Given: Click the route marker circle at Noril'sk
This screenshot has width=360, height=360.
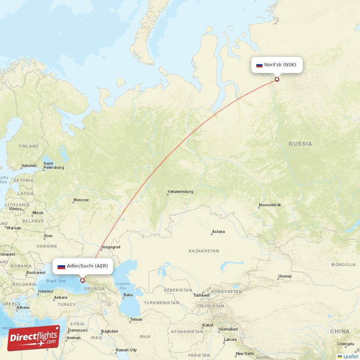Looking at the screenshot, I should [277, 80].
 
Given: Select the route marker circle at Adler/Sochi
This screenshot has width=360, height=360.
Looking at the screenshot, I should [82, 280].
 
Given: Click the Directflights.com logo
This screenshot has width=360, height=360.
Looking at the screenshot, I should [33, 338].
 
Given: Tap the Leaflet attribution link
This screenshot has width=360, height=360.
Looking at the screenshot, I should [350, 356].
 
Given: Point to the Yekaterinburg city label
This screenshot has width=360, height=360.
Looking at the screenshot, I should [180, 192].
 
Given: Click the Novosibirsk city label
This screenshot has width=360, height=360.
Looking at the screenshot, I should [270, 205].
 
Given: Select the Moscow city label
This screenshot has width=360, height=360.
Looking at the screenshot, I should [81, 200].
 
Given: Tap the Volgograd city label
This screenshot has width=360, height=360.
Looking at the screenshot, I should [111, 247].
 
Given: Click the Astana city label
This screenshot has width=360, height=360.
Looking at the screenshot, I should [218, 232].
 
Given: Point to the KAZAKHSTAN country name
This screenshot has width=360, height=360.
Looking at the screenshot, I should [203, 251].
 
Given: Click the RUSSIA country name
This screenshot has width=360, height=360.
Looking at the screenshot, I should [300, 144].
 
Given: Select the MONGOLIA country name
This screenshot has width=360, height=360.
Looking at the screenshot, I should [343, 265].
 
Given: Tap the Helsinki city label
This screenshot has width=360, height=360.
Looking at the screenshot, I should [28, 166].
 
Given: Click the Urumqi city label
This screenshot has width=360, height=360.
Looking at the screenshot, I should [284, 276].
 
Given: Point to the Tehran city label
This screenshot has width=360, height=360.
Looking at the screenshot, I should [136, 319].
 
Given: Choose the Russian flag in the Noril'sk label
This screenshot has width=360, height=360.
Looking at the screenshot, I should [259, 65].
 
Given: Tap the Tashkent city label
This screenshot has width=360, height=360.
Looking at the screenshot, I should [201, 295].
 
